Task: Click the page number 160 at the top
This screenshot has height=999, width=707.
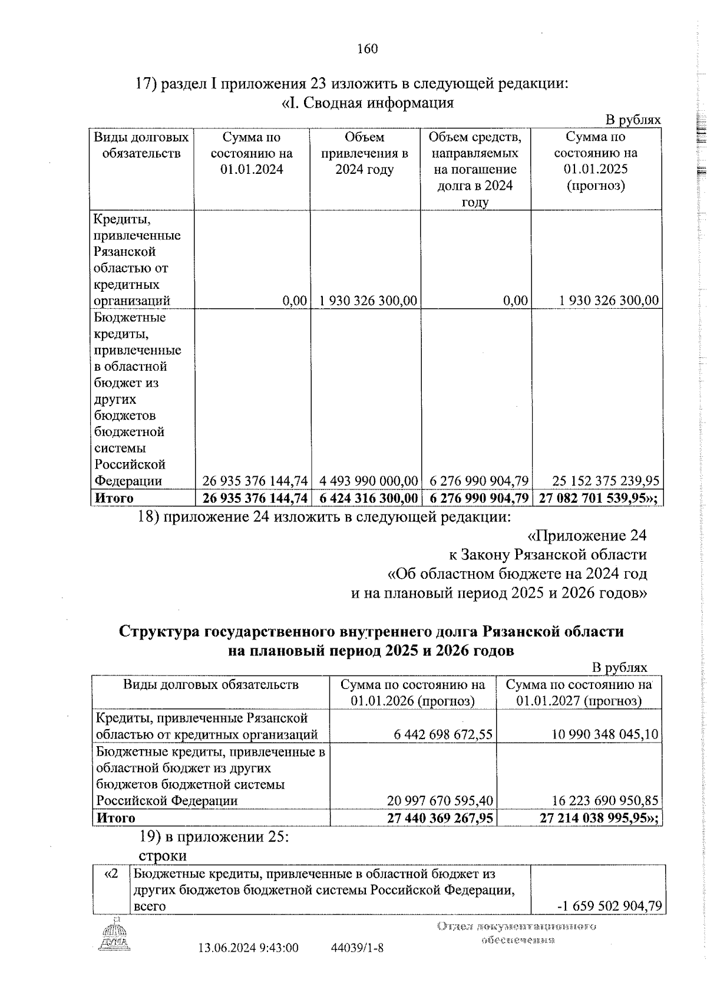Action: (x=367, y=49)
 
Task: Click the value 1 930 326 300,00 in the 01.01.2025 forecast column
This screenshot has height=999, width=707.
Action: (x=609, y=301)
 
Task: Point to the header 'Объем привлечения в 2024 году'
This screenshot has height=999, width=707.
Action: (x=364, y=154)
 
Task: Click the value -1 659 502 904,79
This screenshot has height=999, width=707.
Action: (x=609, y=906)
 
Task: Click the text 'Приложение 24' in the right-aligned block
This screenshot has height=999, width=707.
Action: (x=586, y=536)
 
